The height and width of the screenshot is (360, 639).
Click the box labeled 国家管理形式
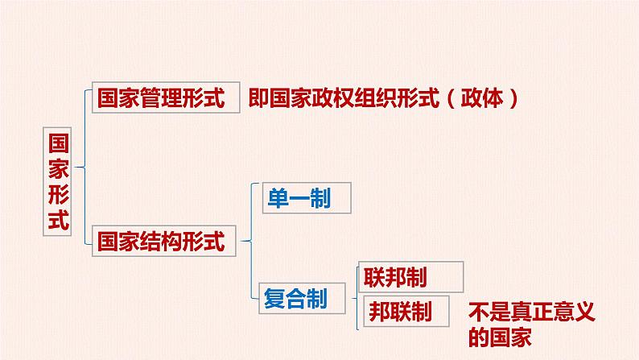tap(166, 98)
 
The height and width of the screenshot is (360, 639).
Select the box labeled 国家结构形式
tap(166, 240)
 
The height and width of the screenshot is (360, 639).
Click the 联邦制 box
tap(410, 277)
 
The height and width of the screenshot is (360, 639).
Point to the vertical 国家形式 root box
tap(58, 182)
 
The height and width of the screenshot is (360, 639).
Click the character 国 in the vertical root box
tap(58, 143)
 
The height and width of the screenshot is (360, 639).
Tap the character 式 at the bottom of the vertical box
tap(58, 220)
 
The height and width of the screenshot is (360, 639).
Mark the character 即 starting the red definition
tap(258, 99)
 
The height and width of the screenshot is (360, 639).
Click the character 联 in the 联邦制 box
tap(374, 277)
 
